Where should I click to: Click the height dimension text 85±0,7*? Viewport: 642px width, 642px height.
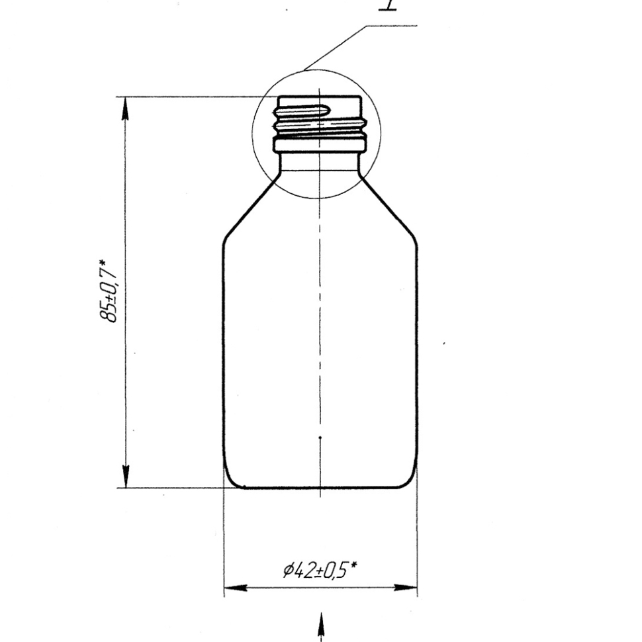tap(108, 291)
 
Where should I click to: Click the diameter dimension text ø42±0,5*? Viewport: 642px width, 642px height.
tap(320, 570)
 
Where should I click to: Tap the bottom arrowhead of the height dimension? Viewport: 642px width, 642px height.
tap(126, 476)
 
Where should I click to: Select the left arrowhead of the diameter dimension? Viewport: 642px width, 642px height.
tap(236, 588)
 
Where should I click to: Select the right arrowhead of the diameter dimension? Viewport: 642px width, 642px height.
tap(405, 588)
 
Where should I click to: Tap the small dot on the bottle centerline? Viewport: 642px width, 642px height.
tap(320, 437)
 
